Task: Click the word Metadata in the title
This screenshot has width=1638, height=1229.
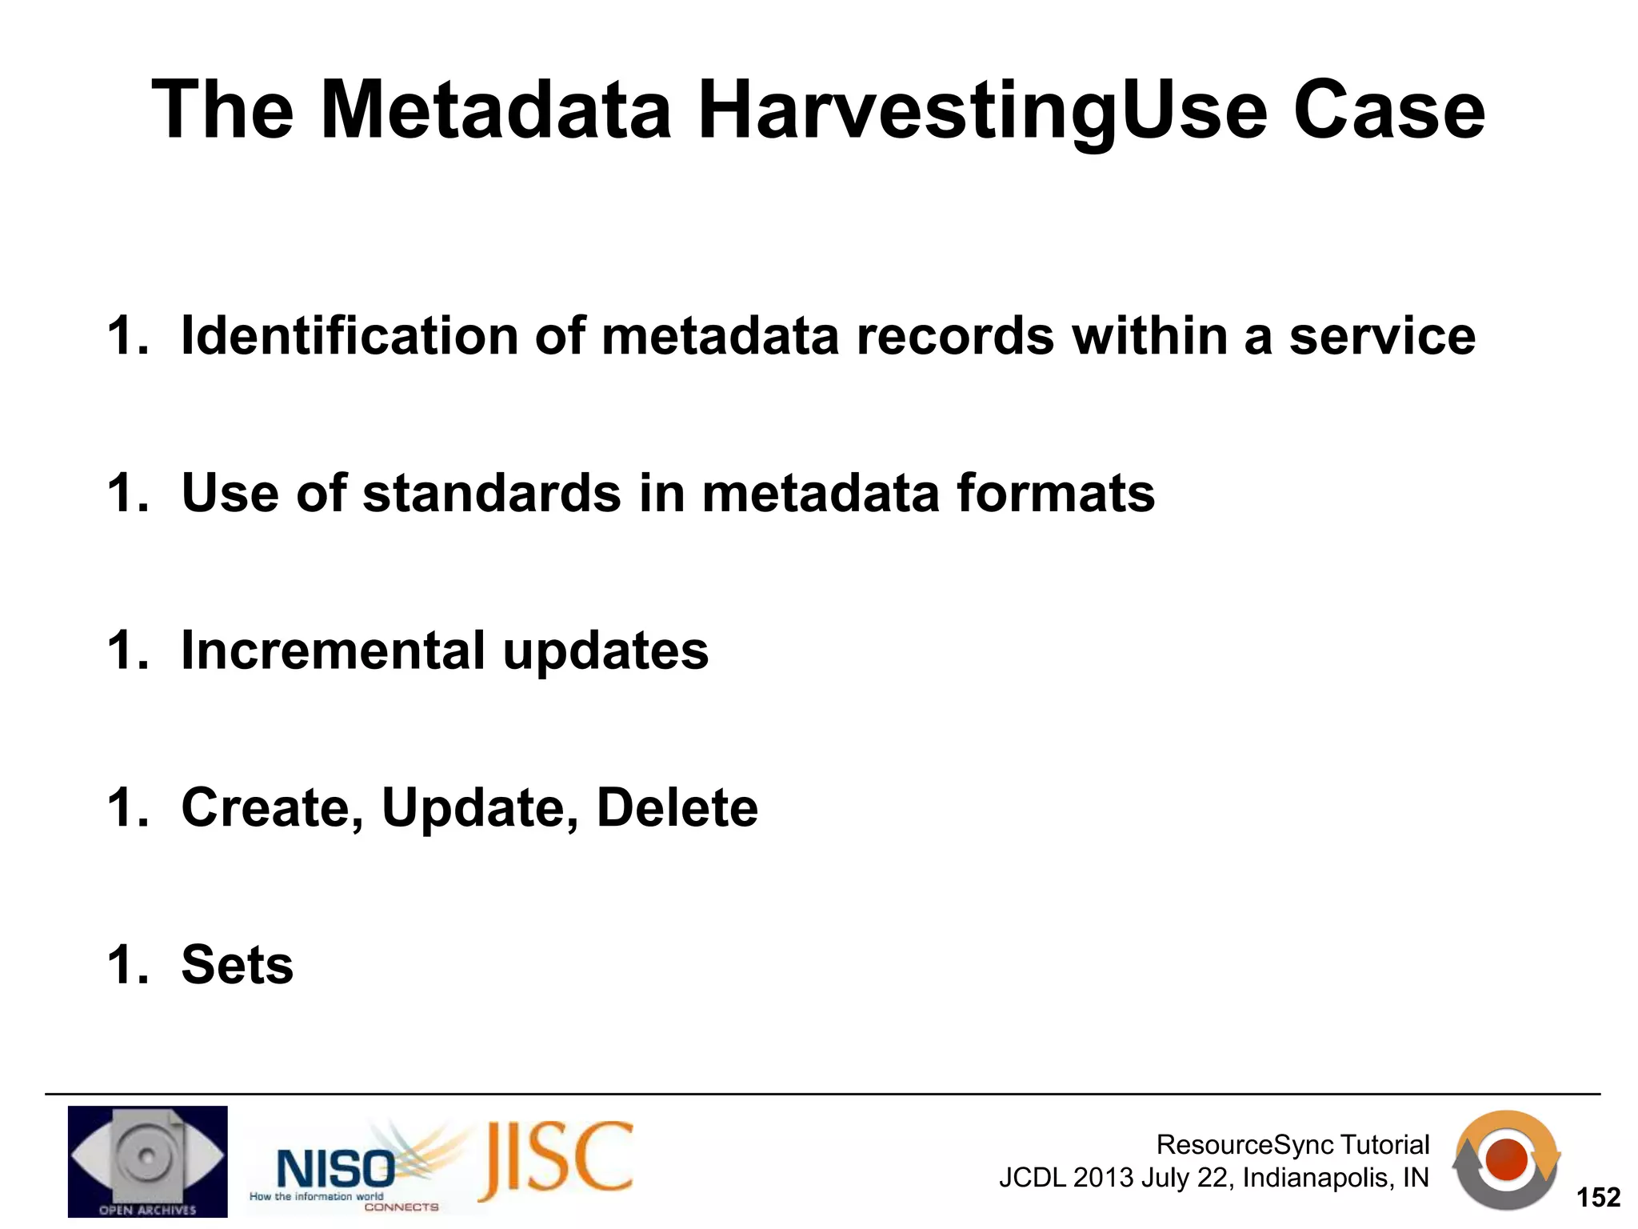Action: [x=495, y=110]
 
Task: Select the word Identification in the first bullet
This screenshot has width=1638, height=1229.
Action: [x=350, y=335]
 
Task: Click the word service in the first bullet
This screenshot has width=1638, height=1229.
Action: [x=1382, y=337]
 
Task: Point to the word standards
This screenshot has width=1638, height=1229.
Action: [x=491, y=493]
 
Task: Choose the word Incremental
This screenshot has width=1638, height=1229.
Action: [x=333, y=650]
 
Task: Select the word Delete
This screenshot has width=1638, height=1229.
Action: [x=677, y=807]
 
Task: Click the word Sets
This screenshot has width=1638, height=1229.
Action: [x=238, y=965]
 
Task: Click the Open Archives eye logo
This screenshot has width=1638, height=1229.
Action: [x=147, y=1161]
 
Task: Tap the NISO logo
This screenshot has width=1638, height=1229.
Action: [x=336, y=1168]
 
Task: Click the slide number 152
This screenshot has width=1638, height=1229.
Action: [x=1597, y=1198]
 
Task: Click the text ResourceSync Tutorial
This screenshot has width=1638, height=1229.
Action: [x=1292, y=1145]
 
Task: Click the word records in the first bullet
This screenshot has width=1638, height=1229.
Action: [x=955, y=337]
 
